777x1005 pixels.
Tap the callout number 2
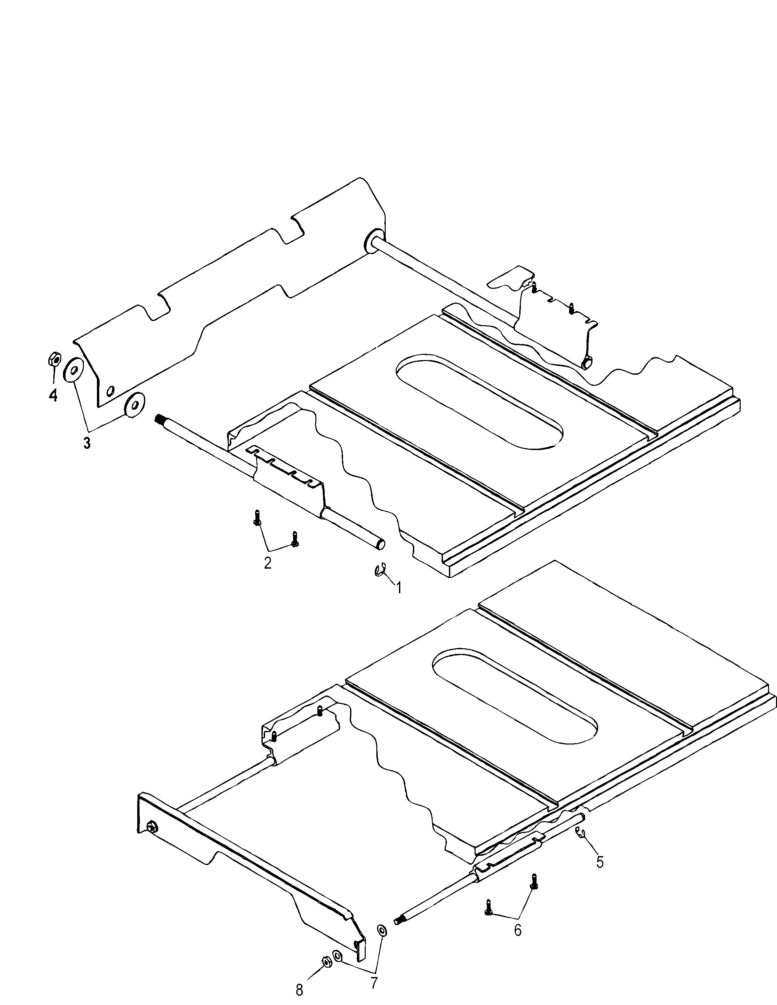(267, 562)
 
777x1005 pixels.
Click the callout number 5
(600, 861)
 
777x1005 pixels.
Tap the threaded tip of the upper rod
(160, 419)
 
